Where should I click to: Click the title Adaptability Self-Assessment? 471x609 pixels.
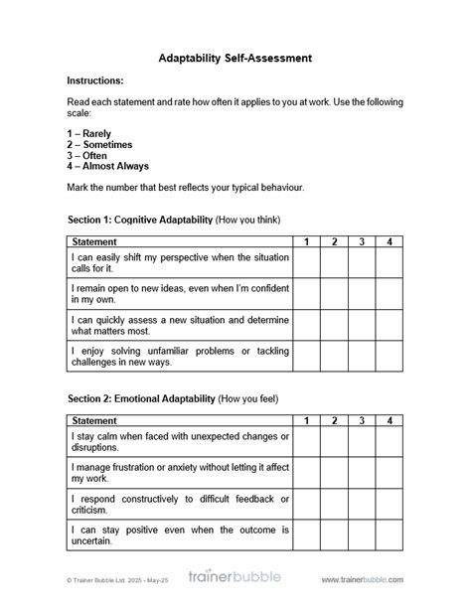coord(235,59)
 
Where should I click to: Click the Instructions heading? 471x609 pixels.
coord(95,80)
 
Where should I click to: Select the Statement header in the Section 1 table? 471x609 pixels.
coord(94,241)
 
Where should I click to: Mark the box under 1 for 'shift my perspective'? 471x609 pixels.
coord(307,263)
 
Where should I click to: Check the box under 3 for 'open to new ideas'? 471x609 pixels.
coord(363,294)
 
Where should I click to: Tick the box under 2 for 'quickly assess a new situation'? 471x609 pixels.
coord(335,325)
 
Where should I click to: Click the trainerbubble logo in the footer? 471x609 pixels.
coord(236,577)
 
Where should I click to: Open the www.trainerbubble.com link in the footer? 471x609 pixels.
coord(363,579)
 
